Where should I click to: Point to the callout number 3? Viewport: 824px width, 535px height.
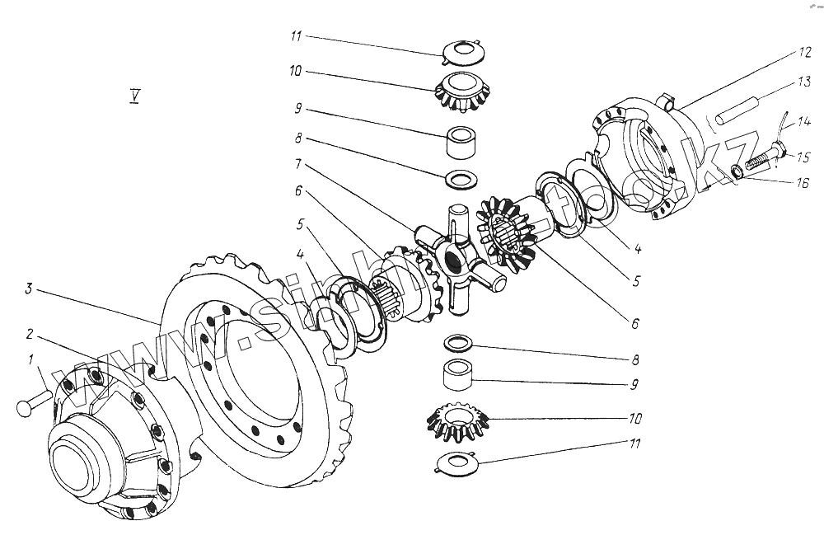click(x=28, y=288)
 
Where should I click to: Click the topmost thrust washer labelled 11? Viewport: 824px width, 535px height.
click(x=461, y=51)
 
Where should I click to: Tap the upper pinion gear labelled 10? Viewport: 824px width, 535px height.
click(x=461, y=89)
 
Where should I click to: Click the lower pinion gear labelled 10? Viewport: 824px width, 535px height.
click(x=458, y=418)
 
